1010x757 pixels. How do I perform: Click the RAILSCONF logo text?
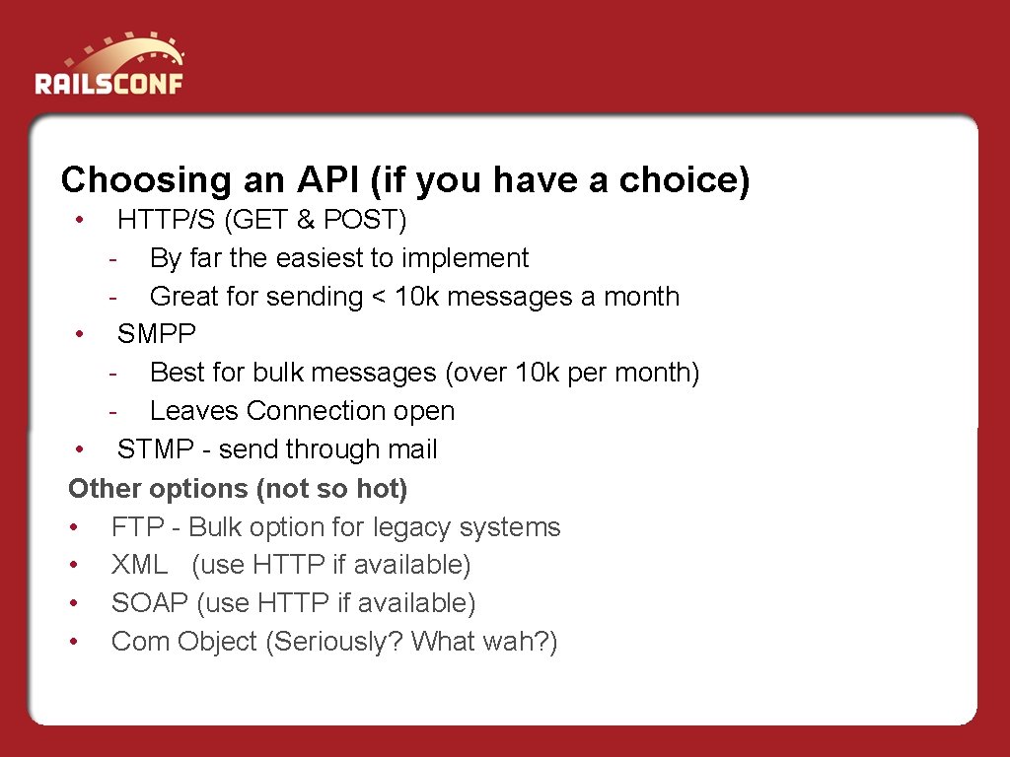(x=108, y=84)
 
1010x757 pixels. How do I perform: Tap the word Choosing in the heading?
(x=146, y=181)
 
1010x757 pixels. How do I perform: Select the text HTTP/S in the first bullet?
(x=166, y=220)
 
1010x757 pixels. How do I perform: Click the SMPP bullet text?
(x=157, y=333)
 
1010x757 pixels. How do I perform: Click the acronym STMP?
(x=155, y=449)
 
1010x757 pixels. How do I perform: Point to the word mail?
(x=413, y=449)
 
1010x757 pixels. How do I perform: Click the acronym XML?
(x=139, y=565)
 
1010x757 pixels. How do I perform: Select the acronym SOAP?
(x=150, y=603)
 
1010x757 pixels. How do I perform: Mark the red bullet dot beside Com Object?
(x=74, y=642)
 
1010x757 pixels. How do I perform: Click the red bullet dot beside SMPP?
(x=79, y=333)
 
